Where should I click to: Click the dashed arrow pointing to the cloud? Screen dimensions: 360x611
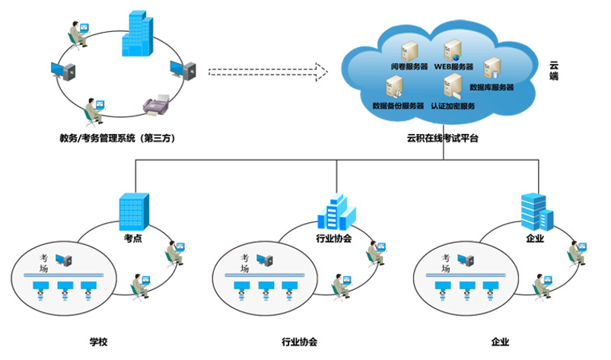[267, 73]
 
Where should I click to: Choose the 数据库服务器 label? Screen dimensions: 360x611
[492, 88]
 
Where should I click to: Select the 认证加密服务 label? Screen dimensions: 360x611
[453, 105]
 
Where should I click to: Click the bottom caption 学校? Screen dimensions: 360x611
[99, 342]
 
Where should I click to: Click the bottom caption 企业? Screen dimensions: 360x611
[500, 342]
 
